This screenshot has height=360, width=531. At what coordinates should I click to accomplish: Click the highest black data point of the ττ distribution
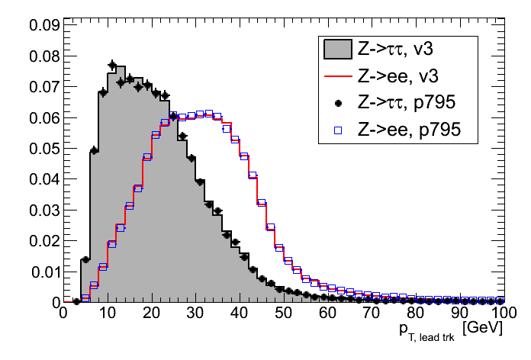(x=112, y=65)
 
